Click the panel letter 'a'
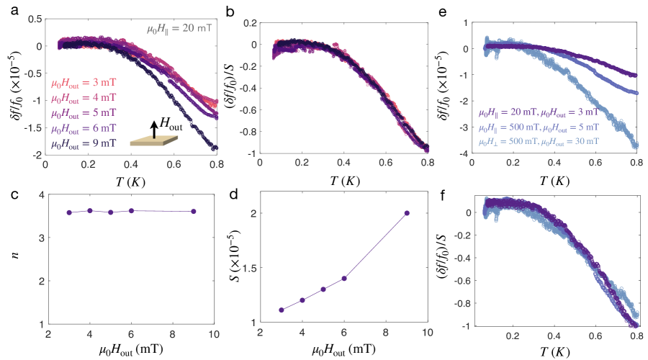click(6, 9)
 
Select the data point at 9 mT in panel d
click(407, 213)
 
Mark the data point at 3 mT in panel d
click(282, 310)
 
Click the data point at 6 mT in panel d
click(344, 278)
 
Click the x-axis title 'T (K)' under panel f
click(555, 351)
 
